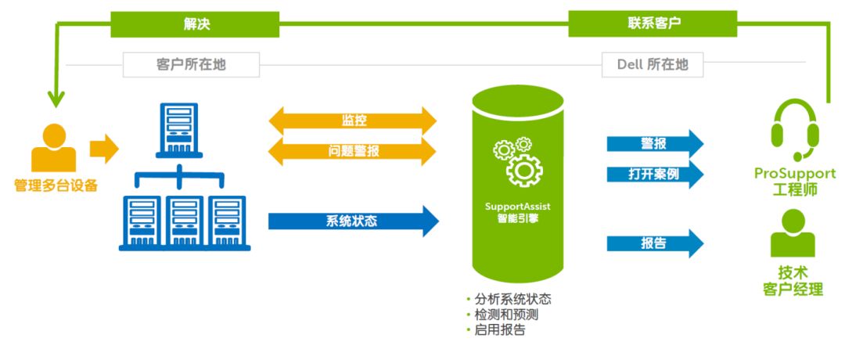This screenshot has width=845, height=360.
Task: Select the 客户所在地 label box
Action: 191,65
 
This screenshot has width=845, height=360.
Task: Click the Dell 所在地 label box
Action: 653,65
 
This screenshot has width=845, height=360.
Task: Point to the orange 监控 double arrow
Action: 353,121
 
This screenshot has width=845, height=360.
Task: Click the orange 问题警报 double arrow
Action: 353,151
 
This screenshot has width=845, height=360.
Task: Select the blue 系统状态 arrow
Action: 353,221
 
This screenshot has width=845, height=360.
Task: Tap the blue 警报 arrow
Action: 654,144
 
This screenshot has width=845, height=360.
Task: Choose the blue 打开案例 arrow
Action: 654,174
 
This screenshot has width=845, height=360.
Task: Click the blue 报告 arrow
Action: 654,243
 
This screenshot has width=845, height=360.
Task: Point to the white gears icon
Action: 517,160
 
